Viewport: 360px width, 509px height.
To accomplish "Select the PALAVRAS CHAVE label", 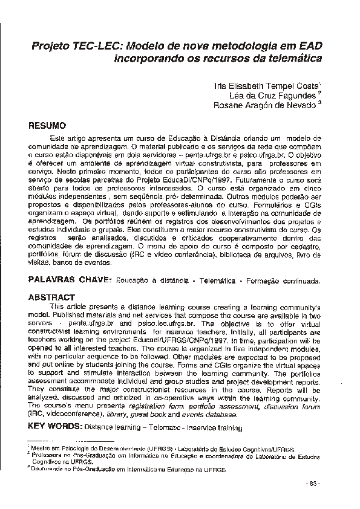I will click(x=70, y=281).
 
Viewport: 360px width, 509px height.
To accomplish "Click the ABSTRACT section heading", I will click(x=52, y=297).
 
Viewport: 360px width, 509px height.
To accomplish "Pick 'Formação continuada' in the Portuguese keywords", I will click(x=287, y=282).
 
